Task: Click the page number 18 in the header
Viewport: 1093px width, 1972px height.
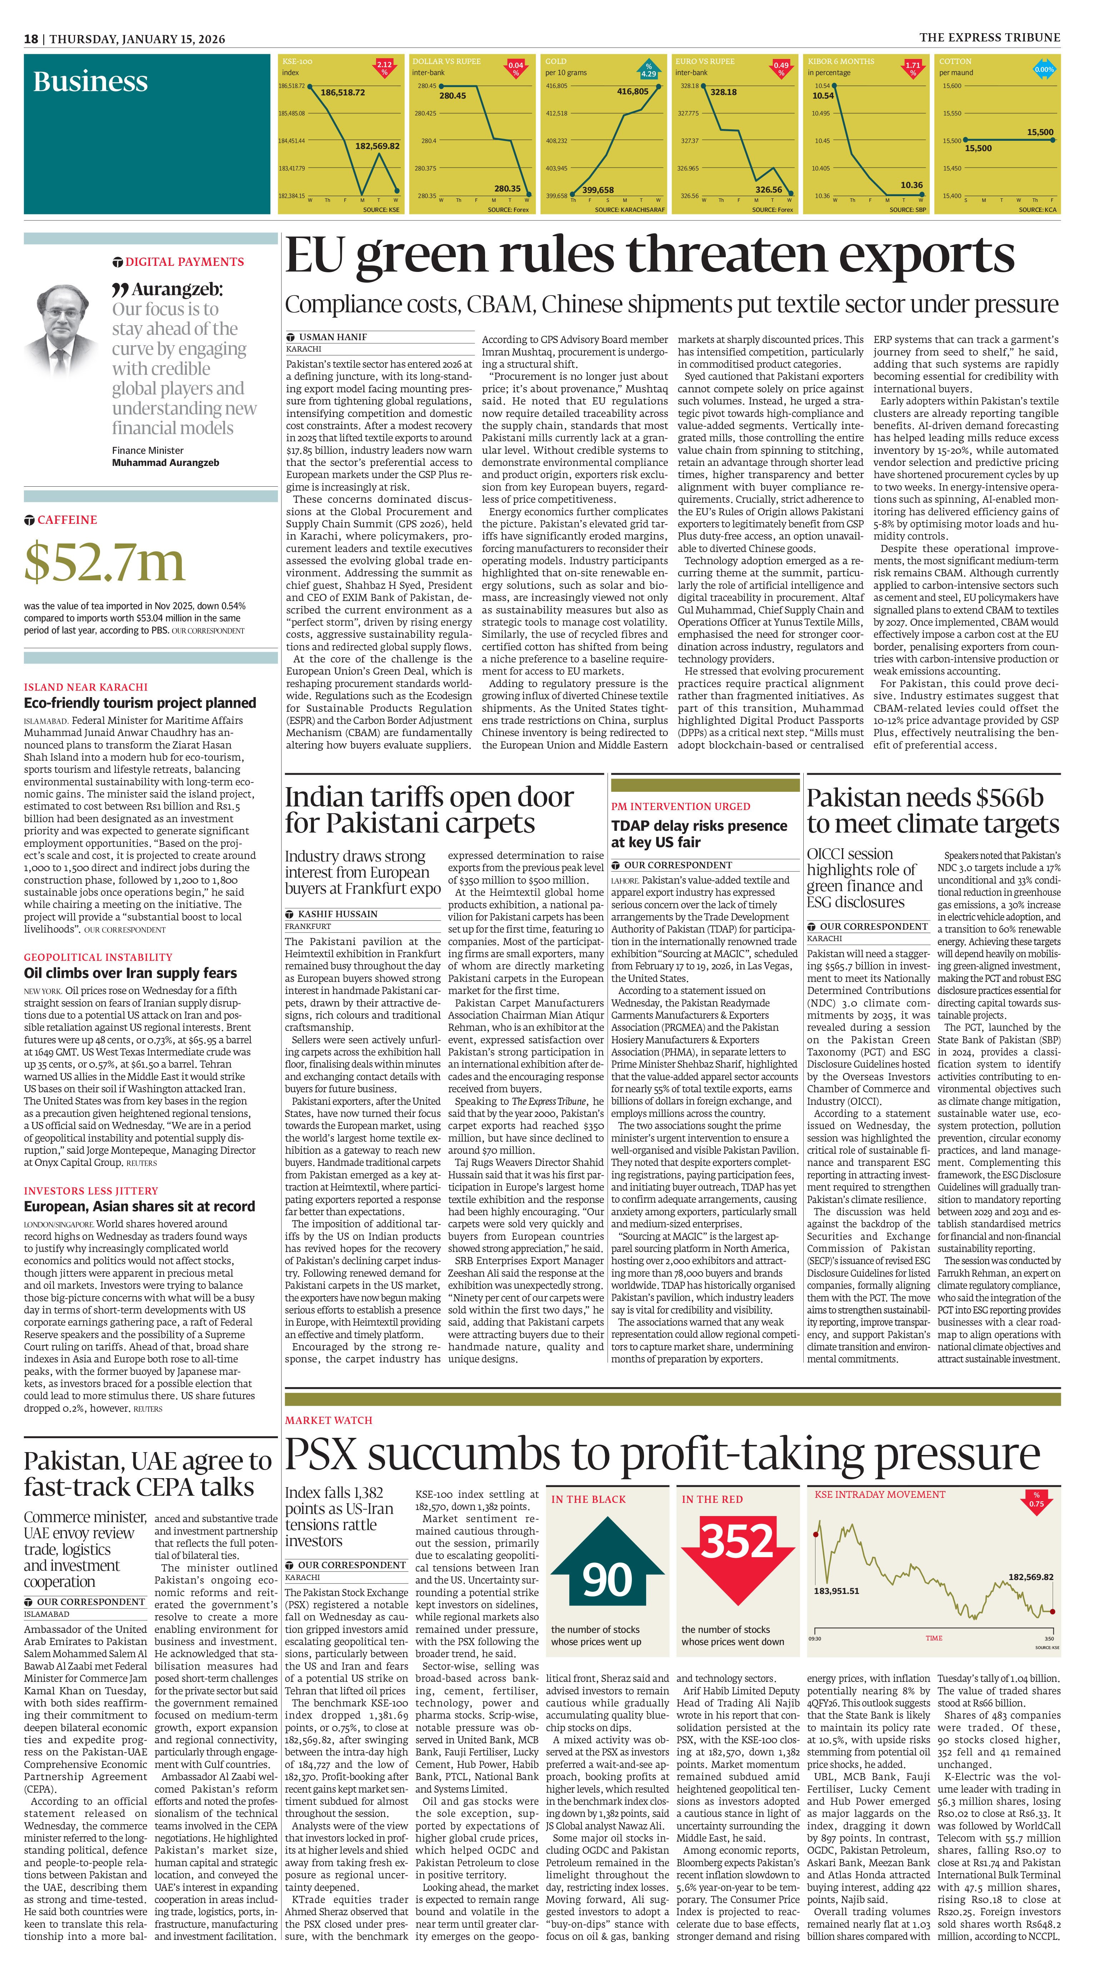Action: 31,39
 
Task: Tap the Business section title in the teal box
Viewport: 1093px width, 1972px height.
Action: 90,81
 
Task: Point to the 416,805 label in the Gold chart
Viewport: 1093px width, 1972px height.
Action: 632,91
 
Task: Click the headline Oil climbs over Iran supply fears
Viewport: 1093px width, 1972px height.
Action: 130,973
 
